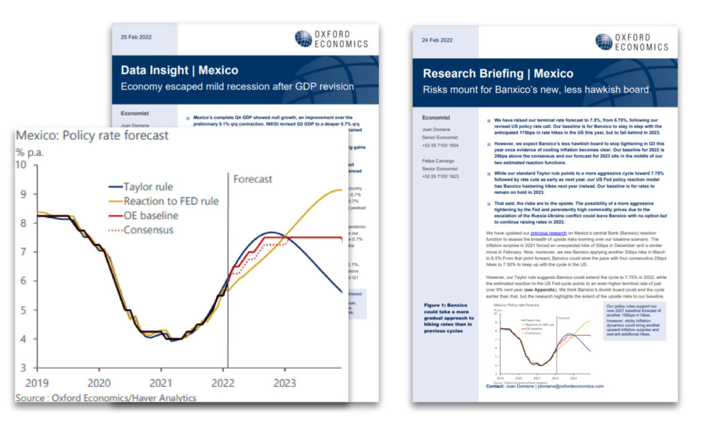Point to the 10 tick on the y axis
[21, 165]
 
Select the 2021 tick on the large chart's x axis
[161, 382]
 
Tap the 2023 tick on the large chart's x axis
[285, 382]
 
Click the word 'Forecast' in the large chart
[253, 179]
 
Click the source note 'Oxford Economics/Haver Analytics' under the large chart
[106, 397]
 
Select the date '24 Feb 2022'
[437, 41]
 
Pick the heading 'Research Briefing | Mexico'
[498, 73]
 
